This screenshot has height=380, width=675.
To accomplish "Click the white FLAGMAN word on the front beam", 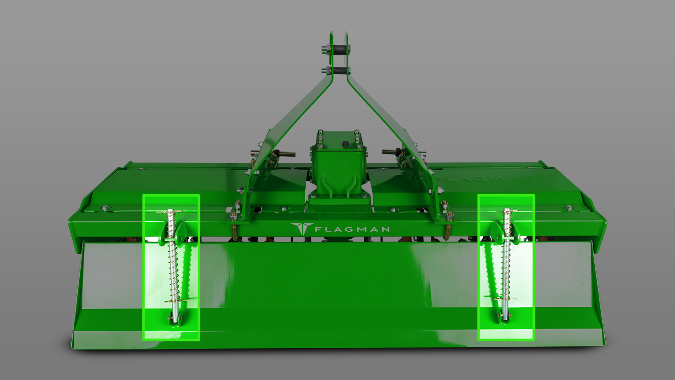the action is (352, 229).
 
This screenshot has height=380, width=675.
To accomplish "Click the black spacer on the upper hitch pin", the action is (338, 48).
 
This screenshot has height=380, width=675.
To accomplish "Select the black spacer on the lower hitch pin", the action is (339, 71).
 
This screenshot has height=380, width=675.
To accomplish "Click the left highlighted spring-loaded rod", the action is (174, 266).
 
